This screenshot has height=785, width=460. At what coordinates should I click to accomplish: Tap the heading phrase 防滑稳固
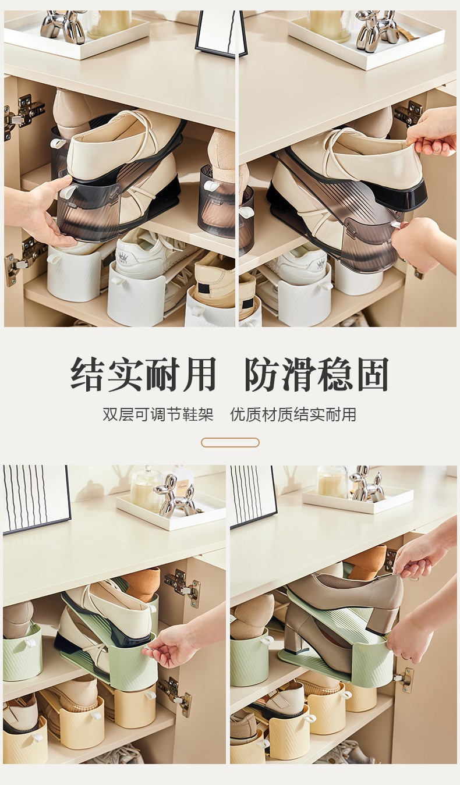[x=316, y=374]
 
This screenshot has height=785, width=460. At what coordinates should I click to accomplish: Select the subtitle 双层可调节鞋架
[x=158, y=415]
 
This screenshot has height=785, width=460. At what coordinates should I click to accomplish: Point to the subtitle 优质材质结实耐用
[x=293, y=415]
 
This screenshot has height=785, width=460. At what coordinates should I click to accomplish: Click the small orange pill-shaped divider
[x=230, y=443]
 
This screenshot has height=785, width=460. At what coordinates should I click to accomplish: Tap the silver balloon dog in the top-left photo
[x=63, y=26]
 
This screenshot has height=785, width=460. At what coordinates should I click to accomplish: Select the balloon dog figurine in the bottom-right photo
[x=367, y=485]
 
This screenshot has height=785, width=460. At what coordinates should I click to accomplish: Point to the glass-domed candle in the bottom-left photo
[x=146, y=489]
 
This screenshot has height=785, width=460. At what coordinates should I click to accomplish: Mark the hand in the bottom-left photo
[x=172, y=646]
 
